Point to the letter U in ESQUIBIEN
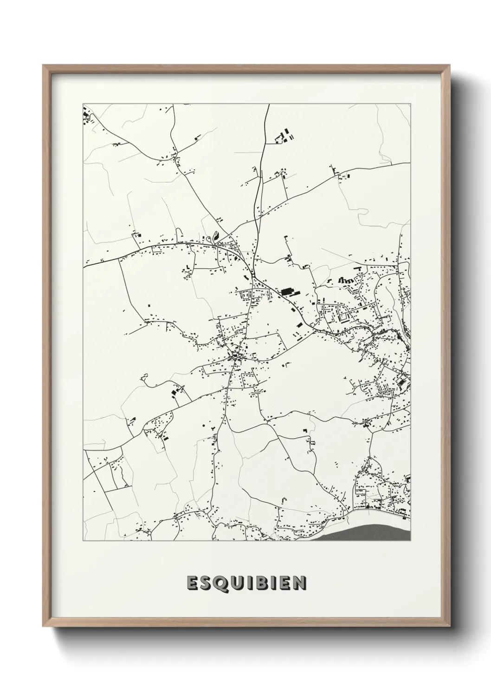(x=235, y=583)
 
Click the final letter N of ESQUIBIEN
(x=299, y=583)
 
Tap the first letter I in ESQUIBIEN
(x=247, y=583)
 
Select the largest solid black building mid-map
(x=291, y=292)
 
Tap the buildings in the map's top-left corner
(x=86, y=116)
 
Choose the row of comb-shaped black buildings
(x=345, y=280)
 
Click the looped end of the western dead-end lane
(x=144, y=378)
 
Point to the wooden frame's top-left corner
(x=43, y=65)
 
